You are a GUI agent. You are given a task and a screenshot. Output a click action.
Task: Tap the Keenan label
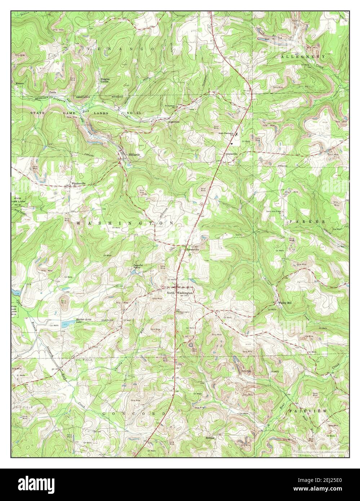[20, 83]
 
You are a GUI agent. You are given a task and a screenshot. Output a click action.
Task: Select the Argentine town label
[174, 122]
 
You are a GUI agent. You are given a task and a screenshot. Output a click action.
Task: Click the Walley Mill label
[285, 303]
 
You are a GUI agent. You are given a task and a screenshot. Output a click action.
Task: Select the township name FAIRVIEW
[307, 411]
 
